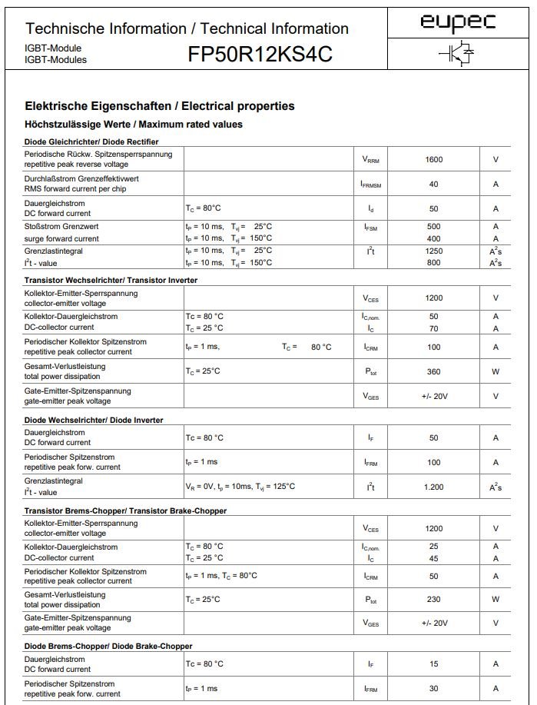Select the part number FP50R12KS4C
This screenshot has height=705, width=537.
tap(260, 55)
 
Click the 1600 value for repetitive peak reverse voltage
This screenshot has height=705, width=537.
tap(434, 159)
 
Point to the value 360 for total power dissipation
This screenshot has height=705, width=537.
tap(434, 371)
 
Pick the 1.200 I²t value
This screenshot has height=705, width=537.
tap(434, 487)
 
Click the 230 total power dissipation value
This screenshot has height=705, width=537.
tap(434, 599)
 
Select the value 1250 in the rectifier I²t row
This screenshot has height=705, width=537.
tap(434, 251)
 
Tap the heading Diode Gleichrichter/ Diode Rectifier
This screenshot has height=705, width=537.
tap(91, 141)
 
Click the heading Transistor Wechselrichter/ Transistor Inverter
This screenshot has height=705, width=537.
tap(111, 281)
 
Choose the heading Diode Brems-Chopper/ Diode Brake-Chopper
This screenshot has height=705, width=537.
tap(108, 646)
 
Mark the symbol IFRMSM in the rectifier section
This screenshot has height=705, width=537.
tap(370, 185)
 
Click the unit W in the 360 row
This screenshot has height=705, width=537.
tap(496, 371)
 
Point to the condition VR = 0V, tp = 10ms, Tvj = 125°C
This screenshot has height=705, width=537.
tap(240, 487)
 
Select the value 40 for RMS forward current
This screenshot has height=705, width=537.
tap(434, 184)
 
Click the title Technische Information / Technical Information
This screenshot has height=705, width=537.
tap(187, 29)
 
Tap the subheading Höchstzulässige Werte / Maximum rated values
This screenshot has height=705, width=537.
tap(134, 125)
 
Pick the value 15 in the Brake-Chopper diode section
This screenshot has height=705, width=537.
tap(434, 663)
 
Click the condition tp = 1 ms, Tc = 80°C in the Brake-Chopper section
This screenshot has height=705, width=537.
tap(221, 575)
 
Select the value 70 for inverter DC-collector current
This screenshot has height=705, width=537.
tap(434, 328)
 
